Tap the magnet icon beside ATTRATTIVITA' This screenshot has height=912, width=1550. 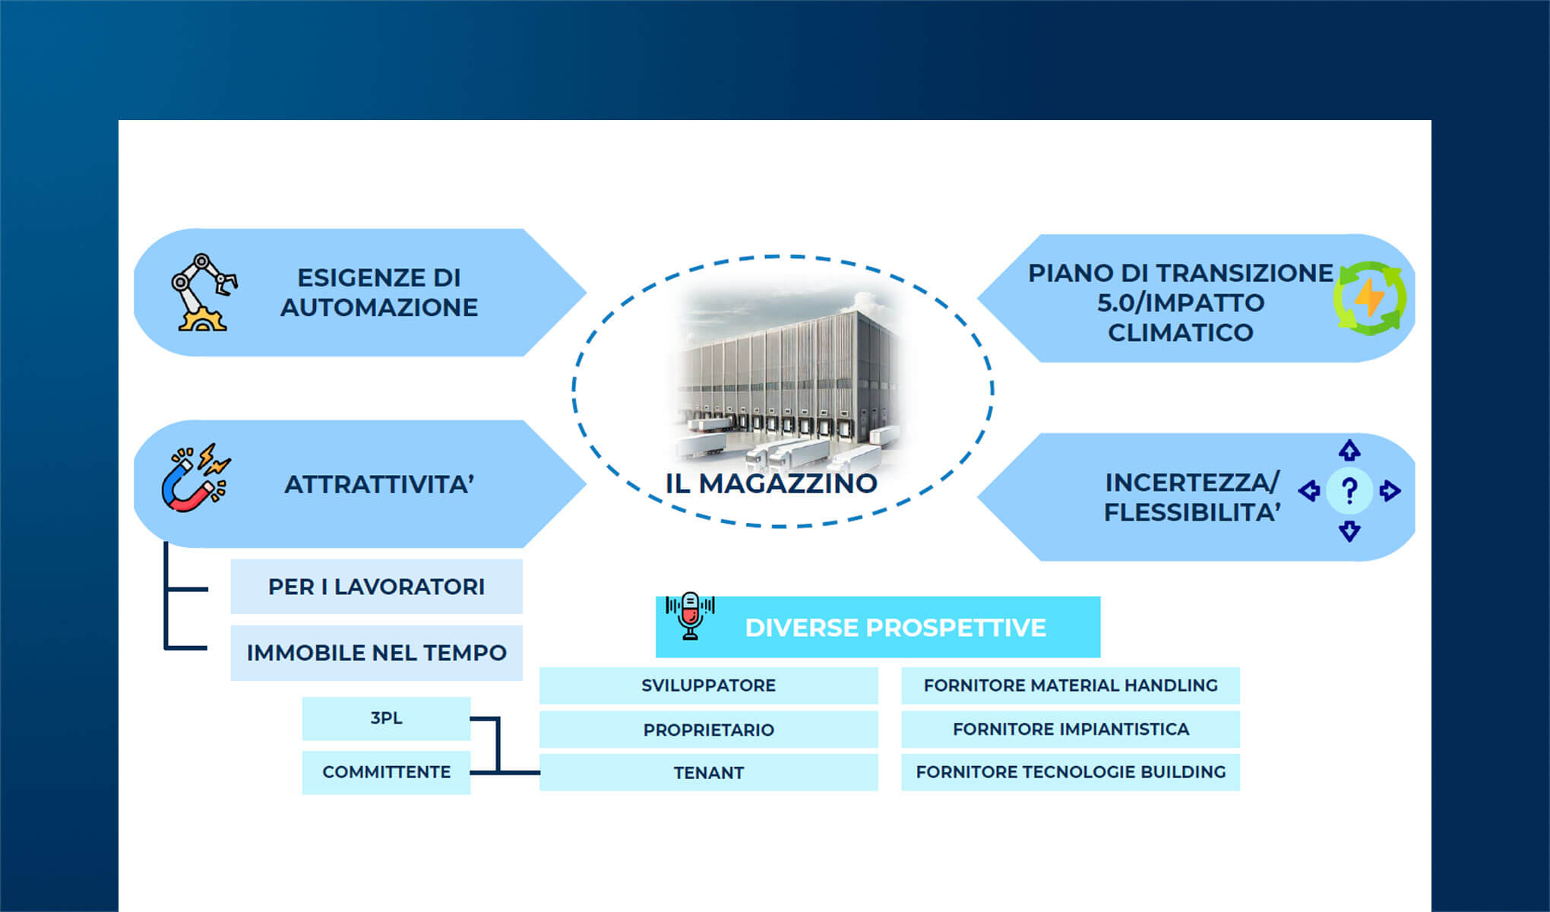coord(194,480)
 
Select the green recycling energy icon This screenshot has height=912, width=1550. coord(1369,297)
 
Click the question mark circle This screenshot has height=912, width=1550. coord(1349,491)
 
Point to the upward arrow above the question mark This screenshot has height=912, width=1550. coord(1349,451)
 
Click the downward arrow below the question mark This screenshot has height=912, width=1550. coord(1349,530)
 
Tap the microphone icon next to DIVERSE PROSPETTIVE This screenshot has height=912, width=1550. coord(690,616)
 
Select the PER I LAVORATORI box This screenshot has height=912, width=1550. coord(376,587)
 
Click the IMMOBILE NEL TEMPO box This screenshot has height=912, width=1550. coord(376,653)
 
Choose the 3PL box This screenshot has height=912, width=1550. coord(386,718)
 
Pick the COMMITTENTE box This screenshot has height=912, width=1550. coord(386,772)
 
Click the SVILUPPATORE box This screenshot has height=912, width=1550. coord(708,686)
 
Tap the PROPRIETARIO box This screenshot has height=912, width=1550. coord(708,730)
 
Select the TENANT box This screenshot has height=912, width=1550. coord(708,773)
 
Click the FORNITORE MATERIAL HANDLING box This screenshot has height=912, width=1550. coord(1070,686)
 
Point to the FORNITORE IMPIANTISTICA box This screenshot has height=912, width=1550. coord(1070,730)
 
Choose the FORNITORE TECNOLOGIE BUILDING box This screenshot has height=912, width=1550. coord(1070,772)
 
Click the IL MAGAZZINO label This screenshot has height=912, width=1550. coord(771,483)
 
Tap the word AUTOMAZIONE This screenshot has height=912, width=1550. coord(379,308)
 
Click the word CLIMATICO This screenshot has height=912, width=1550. coord(1180,333)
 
